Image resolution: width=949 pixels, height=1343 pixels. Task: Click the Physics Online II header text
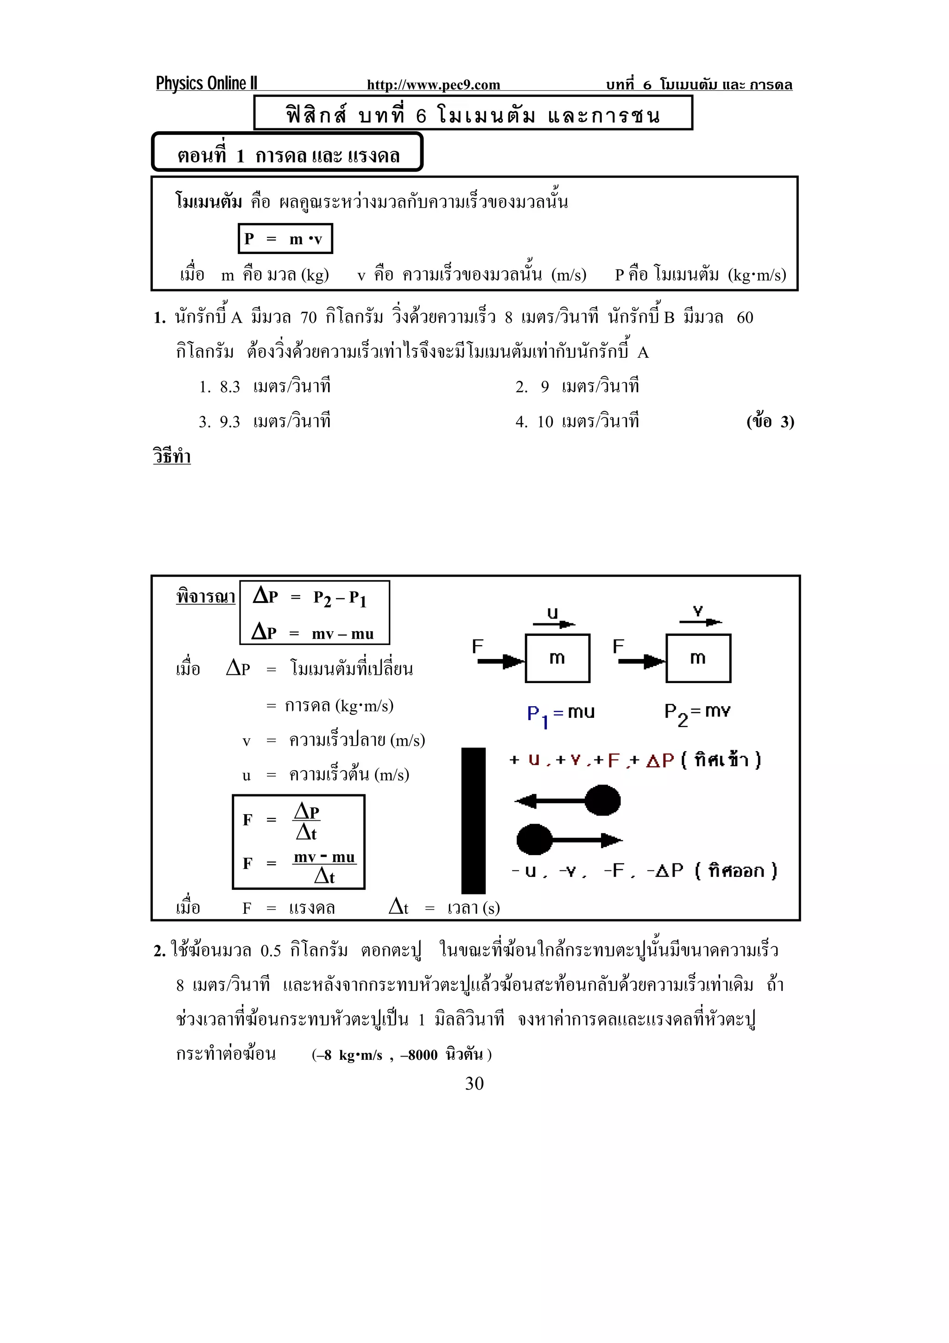pos(206,83)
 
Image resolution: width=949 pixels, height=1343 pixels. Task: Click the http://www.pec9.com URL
pos(433,85)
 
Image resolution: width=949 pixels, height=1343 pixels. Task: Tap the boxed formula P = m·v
pos(285,239)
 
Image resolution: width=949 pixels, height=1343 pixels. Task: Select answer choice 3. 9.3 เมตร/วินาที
pos(264,421)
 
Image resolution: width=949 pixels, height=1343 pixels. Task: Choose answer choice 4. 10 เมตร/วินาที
pos(576,421)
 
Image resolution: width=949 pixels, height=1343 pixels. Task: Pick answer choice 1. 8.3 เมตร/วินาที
pos(264,386)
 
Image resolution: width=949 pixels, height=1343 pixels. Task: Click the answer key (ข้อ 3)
pos(770,421)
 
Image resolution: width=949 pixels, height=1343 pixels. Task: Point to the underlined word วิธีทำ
pos(172,456)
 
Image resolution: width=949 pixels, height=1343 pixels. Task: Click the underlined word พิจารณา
pos(205,596)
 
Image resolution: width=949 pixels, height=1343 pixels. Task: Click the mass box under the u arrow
pos(557,658)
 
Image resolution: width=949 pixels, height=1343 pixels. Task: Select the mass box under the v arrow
pos(698,658)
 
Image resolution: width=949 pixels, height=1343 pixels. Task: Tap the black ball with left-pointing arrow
pos(602,800)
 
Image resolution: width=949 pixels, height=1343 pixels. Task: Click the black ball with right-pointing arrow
pos(534,840)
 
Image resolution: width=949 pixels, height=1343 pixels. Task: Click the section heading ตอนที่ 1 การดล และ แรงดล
pos(287,155)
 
